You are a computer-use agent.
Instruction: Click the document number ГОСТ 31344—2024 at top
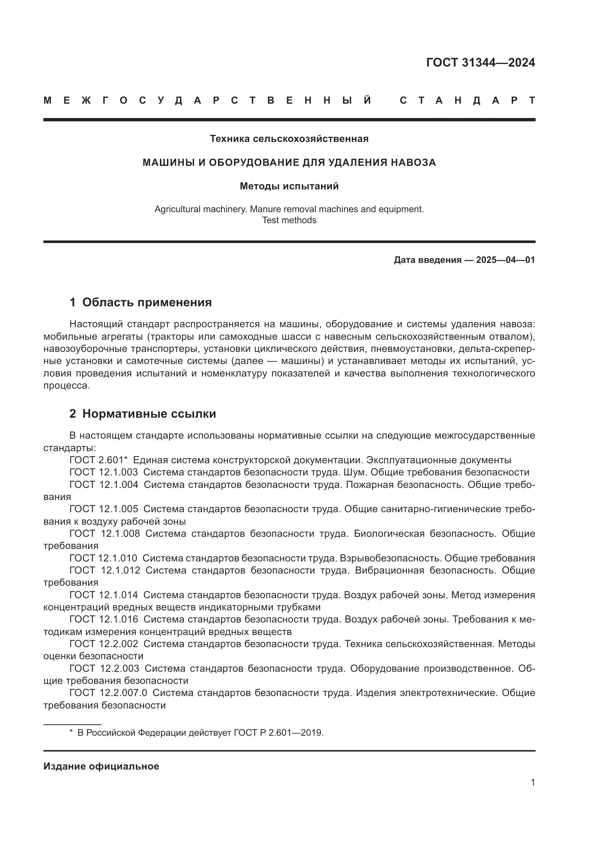480,63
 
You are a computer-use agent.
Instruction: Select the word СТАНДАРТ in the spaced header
468,100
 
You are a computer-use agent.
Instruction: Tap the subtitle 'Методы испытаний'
289,186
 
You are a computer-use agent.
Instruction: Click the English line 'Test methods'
289,220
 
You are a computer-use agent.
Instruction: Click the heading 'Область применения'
147,302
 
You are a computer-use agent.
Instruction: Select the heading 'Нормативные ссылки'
149,414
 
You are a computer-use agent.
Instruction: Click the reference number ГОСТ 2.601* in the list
99,460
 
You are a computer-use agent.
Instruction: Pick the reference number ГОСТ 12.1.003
103,472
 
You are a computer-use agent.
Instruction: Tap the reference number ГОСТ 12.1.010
103,558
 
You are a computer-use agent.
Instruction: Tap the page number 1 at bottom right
532,782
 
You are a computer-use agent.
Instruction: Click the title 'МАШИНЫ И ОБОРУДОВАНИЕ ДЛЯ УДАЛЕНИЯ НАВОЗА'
289,163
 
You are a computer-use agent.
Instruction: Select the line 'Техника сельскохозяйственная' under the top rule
289,139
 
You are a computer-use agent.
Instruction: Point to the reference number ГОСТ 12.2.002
103,644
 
